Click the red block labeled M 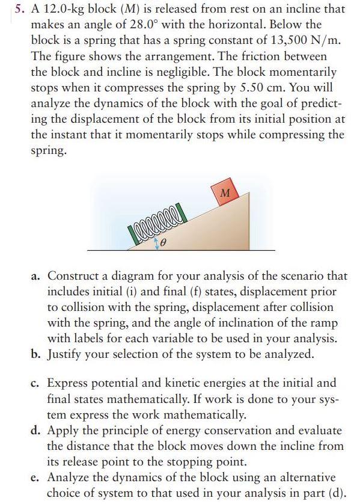pos(225,193)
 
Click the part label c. pos(35,383)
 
